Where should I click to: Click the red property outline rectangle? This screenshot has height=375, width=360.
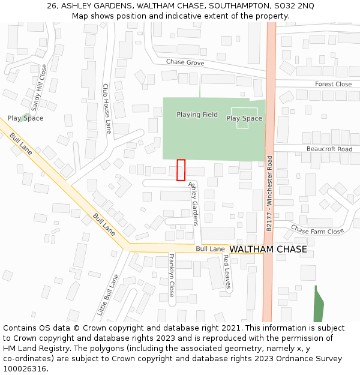pyautogui.click(x=181, y=170)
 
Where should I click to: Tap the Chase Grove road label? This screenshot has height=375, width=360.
pyautogui.click(x=185, y=62)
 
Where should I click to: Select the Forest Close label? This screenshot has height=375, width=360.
pyautogui.click(x=333, y=84)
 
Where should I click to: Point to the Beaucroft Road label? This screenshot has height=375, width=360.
pyautogui.click(x=329, y=149)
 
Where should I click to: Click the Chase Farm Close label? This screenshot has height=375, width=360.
pyautogui.click(x=317, y=230)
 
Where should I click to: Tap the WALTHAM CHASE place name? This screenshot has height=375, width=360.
pyautogui.click(x=268, y=249)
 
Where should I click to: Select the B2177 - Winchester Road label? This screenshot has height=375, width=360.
pyautogui.click(x=269, y=194)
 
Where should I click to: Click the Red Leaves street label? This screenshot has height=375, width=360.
pyautogui.click(x=227, y=272)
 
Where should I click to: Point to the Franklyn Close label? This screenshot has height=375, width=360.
pyautogui.click(x=172, y=275)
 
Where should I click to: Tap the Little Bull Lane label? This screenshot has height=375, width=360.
pyautogui.click(x=109, y=295)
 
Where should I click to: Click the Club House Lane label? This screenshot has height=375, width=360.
pyautogui.click(x=107, y=108)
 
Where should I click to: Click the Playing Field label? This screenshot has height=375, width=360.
pyautogui.click(x=197, y=115)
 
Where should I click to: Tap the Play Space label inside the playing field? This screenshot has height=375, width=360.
pyautogui.click(x=244, y=118)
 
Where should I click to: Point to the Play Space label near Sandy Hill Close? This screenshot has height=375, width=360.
pyautogui.click(x=25, y=118)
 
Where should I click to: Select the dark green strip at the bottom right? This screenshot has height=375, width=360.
pyautogui.click(x=319, y=305)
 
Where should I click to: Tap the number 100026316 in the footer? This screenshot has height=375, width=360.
pyautogui.click(x=26, y=369)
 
